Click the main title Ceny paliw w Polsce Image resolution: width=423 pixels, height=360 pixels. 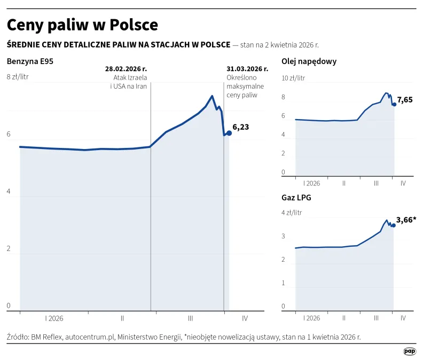click(x=82, y=25)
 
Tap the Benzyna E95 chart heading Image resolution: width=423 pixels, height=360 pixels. click(x=30, y=61)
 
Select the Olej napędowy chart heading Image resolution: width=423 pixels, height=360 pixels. click(x=309, y=61)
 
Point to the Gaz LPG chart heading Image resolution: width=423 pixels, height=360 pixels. click(x=296, y=197)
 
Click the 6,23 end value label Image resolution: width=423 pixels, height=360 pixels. click(x=241, y=127)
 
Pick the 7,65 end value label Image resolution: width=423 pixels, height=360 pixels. click(x=404, y=99)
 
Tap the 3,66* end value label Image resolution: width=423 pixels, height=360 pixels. click(x=406, y=220)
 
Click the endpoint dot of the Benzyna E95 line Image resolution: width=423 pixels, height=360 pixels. click(x=229, y=133)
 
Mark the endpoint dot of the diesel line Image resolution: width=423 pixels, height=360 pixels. click(x=394, y=104)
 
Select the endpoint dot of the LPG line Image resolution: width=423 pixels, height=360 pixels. click(x=394, y=225)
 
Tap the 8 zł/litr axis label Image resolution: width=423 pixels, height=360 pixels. click(x=18, y=77)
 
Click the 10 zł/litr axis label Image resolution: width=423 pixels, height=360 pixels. click(x=293, y=78)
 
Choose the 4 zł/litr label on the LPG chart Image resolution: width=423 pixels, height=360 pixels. click(x=292, y=213)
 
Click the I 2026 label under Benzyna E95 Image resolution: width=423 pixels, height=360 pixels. click(x=54, y=318)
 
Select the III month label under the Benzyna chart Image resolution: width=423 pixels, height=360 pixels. click(x=190, y=318)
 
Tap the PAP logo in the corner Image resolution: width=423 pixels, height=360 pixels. click(x=409, y=351)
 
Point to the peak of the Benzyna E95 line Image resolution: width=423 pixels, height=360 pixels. click(x=212, y=96)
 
